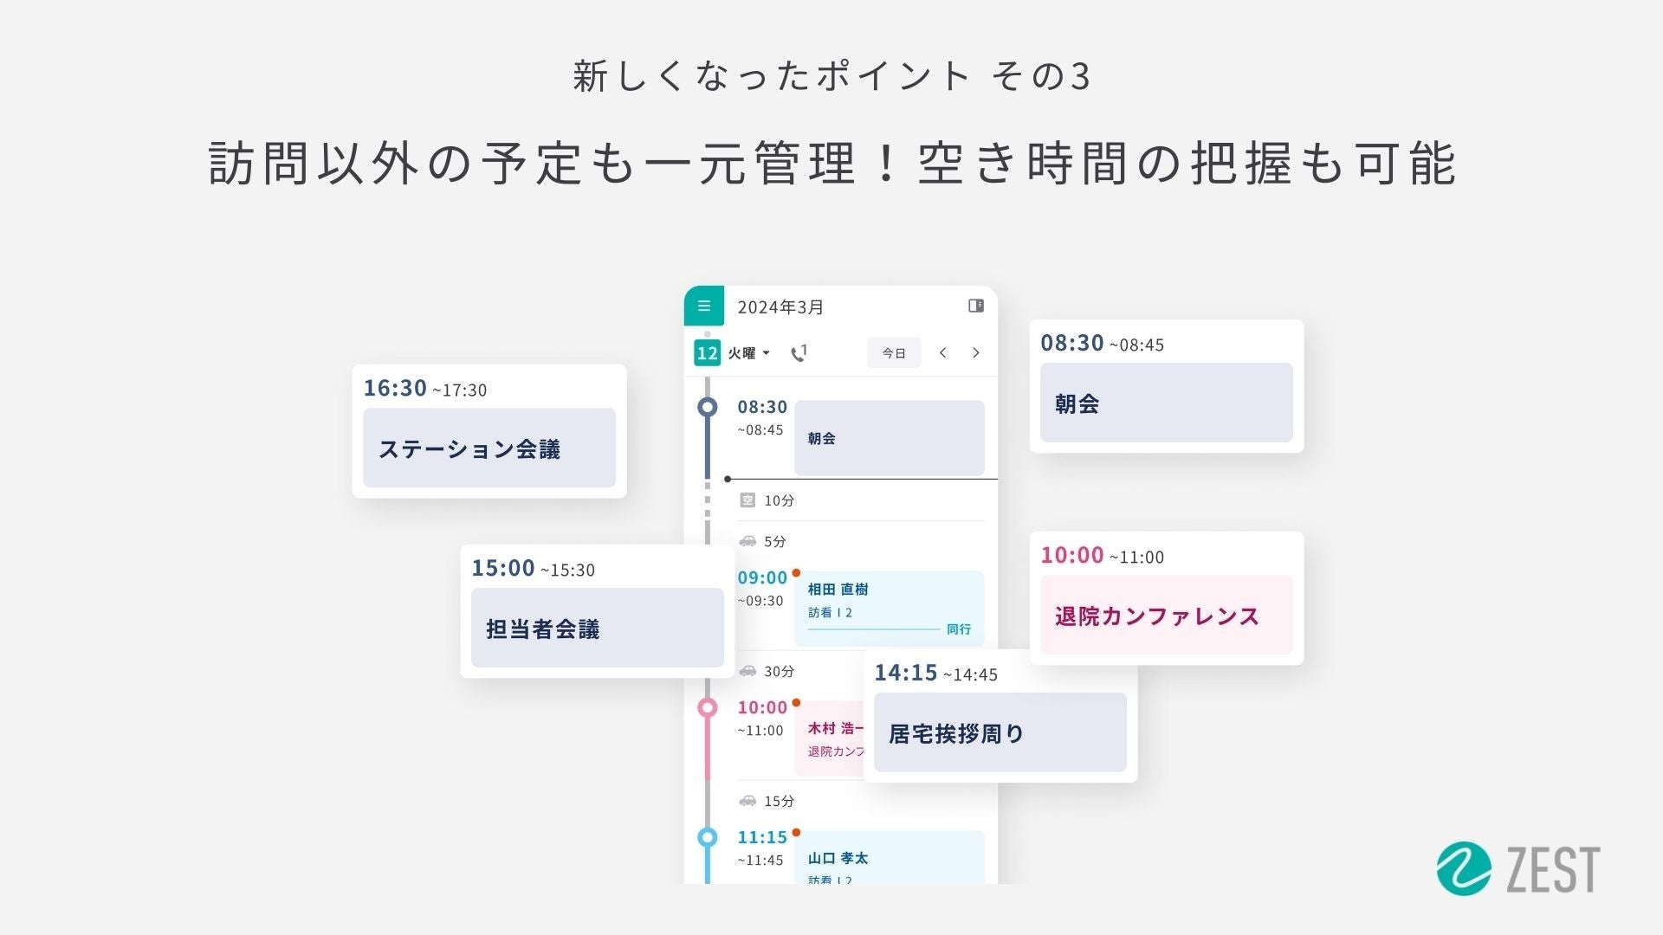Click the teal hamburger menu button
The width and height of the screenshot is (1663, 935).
click(x=704, y=306)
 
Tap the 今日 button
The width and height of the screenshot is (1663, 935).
click(x=894, y=353)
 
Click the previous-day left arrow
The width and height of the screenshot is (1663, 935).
click(x=942, y=352)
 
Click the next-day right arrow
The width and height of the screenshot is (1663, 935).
click(x=976, y=352)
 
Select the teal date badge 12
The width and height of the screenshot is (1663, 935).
click(x=707, y=353)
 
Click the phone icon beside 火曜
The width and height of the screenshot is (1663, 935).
click(x=799, y=353)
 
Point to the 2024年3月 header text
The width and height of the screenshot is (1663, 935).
click(x=780, y=307)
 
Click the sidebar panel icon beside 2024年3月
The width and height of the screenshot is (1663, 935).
click(x=975, y=306)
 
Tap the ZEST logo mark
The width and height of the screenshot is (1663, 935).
click(x=1464, y=868)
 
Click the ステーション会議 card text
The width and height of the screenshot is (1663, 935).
click(x=469, y=449)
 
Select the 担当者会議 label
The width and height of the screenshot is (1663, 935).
click(x=543, y=629)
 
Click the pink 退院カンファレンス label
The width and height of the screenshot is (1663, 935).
click(x=1156, y=616)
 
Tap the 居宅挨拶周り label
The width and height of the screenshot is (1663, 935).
click(x=956, y=734)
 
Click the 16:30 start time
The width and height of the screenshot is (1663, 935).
click(x=395, y=388)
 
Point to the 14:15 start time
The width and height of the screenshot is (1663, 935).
click(x=905, y=673)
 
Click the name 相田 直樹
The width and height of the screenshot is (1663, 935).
click(x=838, y=590)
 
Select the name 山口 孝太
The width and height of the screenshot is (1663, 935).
click(x=838, y=858)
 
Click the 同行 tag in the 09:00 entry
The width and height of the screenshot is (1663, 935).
click(x=959, y=629)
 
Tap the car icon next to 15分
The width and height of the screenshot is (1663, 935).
click(x=747, y=801)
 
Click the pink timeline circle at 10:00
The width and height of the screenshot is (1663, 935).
click(x=708, y=708)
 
